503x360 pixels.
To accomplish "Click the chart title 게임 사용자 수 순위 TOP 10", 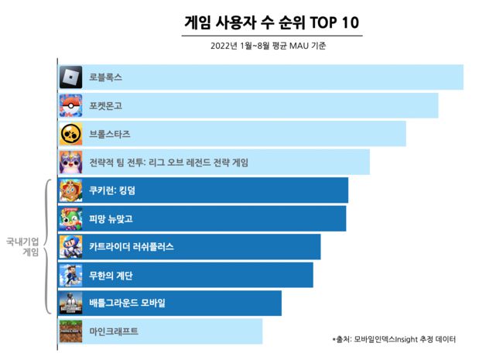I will pyautogui.click(x=273, y=22).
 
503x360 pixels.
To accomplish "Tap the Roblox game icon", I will pyautogui.click(x=71, y=77).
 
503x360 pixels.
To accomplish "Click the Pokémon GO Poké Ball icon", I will pyautogui.click(x=71, y=105).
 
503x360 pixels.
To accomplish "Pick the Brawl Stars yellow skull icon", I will pyautogui.click(x=71, y=134).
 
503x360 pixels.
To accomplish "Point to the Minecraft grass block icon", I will pyautogui.click(x=71, y=331).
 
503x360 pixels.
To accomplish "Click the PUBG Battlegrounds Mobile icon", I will pyautogui.click(x=71, y=303).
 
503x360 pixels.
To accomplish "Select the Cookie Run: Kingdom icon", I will pyautogui.click(x=71, y=190).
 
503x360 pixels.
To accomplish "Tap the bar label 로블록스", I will pyautogui.click(x=106, y=77).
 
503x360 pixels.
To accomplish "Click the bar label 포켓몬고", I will pyautogui.click(x=106, y=105).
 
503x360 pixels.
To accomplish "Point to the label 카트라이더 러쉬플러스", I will pyautogui.click(x=132, y=247).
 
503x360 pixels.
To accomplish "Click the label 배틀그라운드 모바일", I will pyautogui.click(x=128, y=303).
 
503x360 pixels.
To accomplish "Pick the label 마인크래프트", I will pyautogui.click(x=114, y=331).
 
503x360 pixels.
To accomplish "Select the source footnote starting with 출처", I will pyautogui.click(x=394, y=339).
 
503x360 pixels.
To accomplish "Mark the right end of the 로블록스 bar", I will pyautogui.click(x=462, y=77).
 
